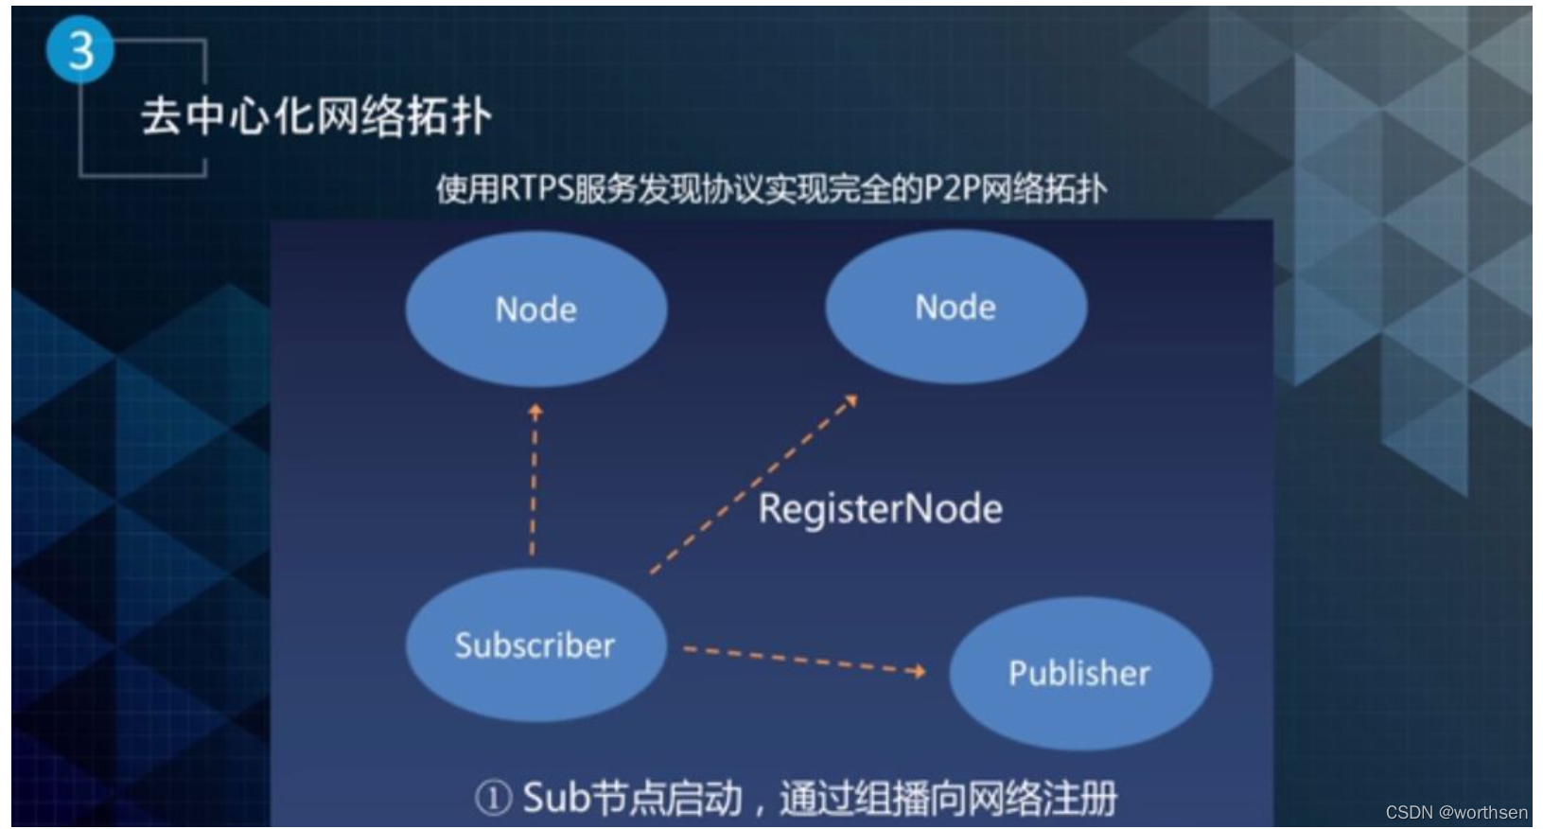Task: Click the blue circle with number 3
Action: pyautogui.click(x=80, y=49)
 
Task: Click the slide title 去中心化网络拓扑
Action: pyautogui.click(x=316, y=117)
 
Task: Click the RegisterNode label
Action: pyautogui.click(x=880, y=509)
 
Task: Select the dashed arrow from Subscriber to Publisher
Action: pyautogui.click(x=799, y=659)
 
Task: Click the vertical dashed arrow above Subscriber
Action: pyautogui.click(x=534, y=483)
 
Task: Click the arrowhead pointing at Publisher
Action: pyautogui.click(x=917, y=671)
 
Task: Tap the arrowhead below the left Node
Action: pyautogui.click(x=535, y=411)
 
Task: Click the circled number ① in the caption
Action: pyautogui.click(x=493, y=798)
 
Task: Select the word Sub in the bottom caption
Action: pyautogui.click(x=556, y=798)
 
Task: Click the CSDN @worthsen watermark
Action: pyautogui.click(x=1456, y=812)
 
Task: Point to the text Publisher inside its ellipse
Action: pyautogui.click(x=1079, y=673)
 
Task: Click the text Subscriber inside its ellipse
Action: pyautogui.click(x=535, y=645)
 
